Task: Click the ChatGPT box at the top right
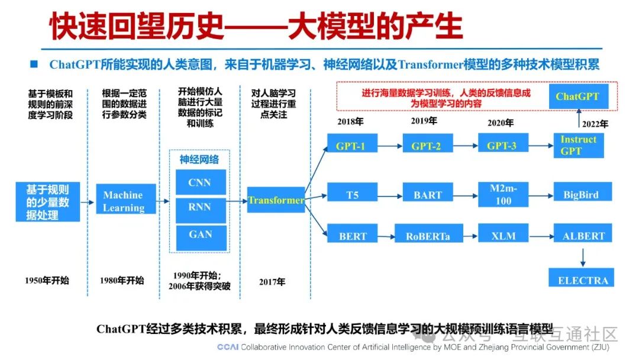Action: coord(577,96)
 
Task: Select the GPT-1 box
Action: coord(350,146)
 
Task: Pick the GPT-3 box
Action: coord(502,146)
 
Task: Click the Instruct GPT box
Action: coord(578,145)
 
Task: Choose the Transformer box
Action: coord(276,200)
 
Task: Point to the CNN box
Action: coord(200,182)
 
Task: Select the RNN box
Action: coord(200,208)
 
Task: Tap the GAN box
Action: coord(200,234)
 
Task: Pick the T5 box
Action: coord(352,194)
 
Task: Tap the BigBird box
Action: coord(580,194)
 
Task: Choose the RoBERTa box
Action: coord(427,236)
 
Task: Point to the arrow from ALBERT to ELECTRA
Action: coord(583,256)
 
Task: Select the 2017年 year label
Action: coord(272,282)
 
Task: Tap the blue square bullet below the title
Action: coord(34,63)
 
